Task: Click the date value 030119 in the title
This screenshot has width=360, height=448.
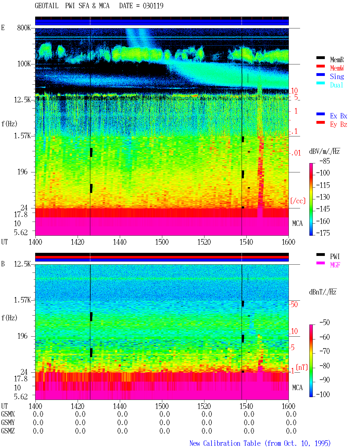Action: click(x=153, y=6)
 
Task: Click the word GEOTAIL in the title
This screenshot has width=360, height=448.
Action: click(x=47, y=6)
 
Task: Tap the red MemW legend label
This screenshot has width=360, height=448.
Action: click(x=337, y=68)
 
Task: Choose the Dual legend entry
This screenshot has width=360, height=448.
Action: click(x=336, y=85)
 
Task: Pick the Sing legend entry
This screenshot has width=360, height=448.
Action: click(x=337, y=76)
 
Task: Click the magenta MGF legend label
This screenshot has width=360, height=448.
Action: click(x=335, y=265)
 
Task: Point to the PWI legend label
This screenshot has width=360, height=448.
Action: click(x=335, y=256)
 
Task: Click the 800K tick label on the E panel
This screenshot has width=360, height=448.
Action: click(x=24, y=28)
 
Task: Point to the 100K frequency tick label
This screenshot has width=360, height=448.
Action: click(x=24, y=64)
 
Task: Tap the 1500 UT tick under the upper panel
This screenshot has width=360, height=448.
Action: click(x=162, y=242)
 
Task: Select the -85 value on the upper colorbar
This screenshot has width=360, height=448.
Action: click(x=324, y=161)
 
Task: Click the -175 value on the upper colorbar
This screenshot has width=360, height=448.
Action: click(x=323, y=233)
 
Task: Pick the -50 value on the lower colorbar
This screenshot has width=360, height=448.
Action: click(x=324, y=322)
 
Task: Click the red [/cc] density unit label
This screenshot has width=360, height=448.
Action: click(x=298, y=201)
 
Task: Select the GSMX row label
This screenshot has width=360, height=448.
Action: click(x=8, y=414)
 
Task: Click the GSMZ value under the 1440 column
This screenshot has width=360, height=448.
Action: click(x=122, y=431)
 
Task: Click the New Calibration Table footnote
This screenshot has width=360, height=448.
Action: click(x=260, y=443)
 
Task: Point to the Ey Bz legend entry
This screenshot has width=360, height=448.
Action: click(x=339, y=124)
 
